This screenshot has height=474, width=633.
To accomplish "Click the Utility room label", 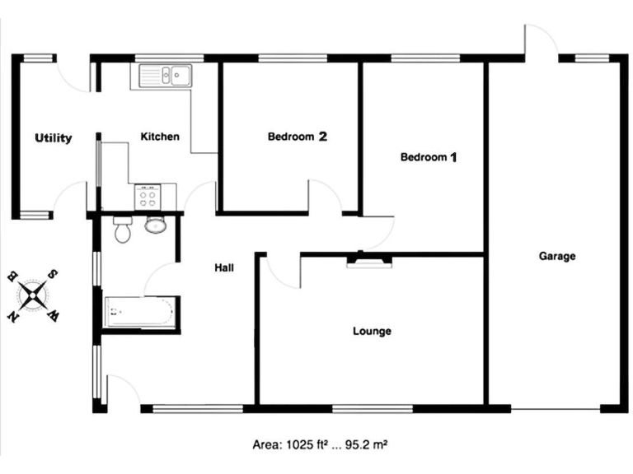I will [53, 138].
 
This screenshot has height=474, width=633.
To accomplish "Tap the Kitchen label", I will [160, 137].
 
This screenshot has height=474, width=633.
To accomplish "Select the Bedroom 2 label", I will [298, 137].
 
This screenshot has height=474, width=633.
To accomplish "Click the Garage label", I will [557, 256].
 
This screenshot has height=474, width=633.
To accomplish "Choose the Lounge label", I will [372, 332].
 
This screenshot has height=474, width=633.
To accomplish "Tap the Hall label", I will [224, 267].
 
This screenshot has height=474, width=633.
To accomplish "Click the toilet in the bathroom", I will [123, 230].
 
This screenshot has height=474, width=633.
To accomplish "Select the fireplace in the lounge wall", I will [368, 261].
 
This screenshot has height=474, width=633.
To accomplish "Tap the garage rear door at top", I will [540, 41].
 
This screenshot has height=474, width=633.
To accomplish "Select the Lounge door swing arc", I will [283, 272].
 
